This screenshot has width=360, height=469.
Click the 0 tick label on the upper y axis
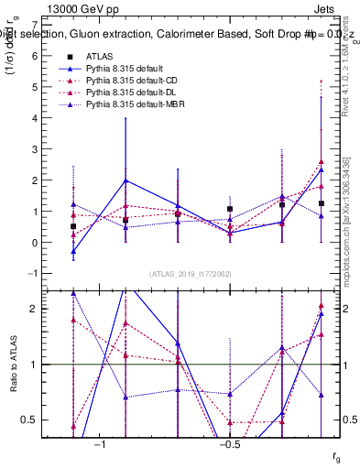(34, 243)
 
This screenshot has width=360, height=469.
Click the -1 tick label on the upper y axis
(31, 274)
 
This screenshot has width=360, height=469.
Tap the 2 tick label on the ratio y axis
(34, 309)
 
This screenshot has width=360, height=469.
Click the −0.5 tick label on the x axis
(229, 445)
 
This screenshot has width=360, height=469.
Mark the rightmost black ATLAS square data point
(321, 203)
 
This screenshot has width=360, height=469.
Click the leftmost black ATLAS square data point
(73, 225)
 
